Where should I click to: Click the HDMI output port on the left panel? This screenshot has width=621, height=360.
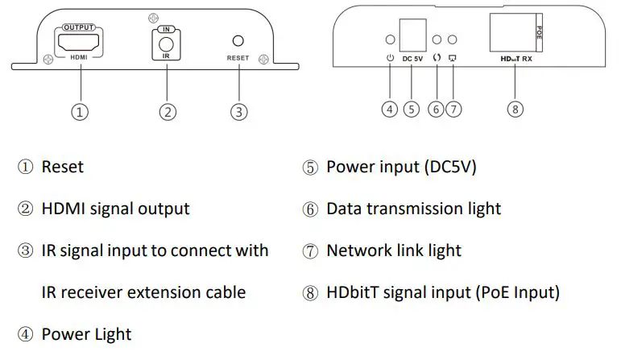(79, 39)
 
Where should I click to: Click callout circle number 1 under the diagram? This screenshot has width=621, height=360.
(79, 112)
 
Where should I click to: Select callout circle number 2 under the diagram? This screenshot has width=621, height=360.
(167, 112)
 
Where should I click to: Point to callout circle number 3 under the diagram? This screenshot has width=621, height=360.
(238, 112)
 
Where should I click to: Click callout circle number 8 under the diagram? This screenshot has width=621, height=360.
(515, 110)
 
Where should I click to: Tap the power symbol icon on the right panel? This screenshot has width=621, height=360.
(390, 58)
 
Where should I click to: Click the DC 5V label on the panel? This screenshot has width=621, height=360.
(412, 59)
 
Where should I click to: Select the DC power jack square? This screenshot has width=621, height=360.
(412, 32)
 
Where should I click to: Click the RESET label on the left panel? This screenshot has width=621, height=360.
(238, 58)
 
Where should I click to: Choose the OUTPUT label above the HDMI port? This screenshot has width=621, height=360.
(79, 24)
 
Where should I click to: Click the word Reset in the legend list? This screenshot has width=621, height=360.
(62, 167)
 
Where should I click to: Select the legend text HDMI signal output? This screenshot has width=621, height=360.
(115, 209)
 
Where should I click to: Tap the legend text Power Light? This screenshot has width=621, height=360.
(86, 333)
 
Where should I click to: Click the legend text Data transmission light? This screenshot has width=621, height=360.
(413, 209)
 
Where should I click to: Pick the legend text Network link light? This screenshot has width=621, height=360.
(393, 250)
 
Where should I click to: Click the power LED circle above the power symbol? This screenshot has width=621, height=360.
(390, 39)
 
